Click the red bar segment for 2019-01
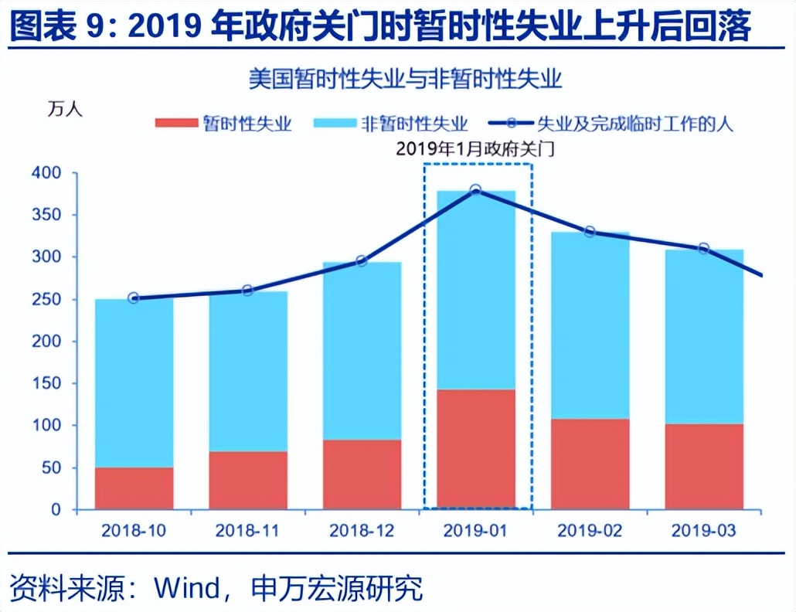pos(476,449)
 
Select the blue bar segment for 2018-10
pos(134,382)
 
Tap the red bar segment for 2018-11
pos(248,480)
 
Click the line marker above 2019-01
pos(476,190)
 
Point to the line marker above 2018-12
pos(362,261)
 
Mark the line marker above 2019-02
pos(590,232)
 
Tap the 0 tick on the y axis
pos(56,510)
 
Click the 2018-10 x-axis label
pos(134,531)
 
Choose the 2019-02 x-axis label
pos(590,531)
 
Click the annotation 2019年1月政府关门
pos(476,149)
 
